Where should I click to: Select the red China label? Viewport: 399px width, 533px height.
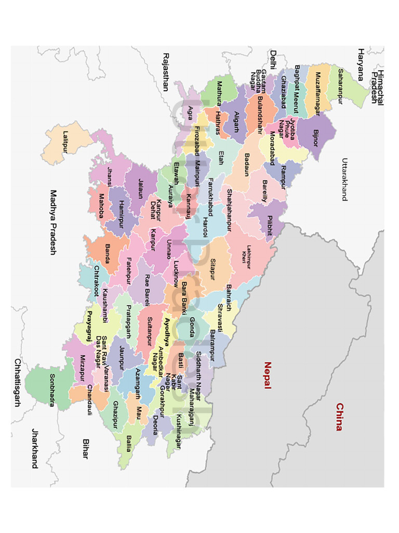339,417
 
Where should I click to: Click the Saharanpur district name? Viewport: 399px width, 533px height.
341,86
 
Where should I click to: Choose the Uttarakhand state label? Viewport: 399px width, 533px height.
343,180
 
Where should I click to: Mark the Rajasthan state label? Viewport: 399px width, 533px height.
166,72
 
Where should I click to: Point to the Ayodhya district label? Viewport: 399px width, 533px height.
167,332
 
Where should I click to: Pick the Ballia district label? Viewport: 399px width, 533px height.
128,443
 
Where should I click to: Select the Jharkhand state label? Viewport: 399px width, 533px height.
35,448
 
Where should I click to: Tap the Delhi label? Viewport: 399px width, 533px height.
272,61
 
